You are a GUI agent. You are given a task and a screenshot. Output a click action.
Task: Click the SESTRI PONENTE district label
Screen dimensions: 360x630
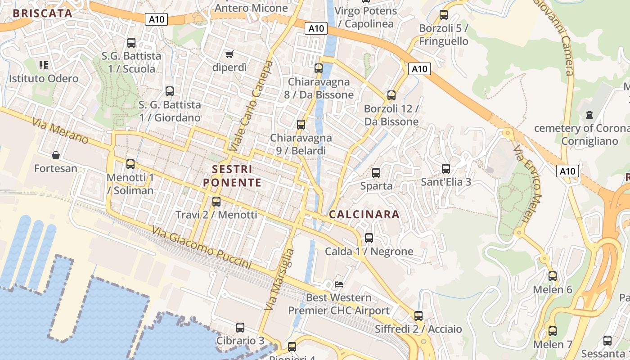tap(232, 176)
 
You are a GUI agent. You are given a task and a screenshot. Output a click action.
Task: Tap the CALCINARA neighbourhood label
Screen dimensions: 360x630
tap(364, 215)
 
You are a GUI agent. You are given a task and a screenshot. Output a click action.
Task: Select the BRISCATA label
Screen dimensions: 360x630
tap(43, 13)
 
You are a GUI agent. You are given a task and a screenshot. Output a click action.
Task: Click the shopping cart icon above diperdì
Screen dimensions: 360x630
tap(229, 54)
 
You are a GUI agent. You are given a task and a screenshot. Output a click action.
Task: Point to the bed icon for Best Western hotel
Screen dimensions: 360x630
tap(339, 284)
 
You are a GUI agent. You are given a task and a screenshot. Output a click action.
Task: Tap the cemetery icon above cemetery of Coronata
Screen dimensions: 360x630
tap(589, 115)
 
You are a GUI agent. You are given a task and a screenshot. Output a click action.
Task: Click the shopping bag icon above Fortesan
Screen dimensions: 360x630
tap(56, 155)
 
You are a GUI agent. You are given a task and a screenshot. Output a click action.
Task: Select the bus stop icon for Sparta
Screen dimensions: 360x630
tap(376, 172)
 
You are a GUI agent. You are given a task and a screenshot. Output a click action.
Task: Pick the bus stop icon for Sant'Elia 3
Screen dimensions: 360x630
tap(446, 169)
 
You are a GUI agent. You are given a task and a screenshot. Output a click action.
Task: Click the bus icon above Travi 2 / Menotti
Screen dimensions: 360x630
tap(216, 201)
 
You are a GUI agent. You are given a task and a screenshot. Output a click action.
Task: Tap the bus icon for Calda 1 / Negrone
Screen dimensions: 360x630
tap(369, 238)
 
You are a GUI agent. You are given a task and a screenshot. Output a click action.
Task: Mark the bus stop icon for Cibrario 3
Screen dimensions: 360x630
tap(240, 327)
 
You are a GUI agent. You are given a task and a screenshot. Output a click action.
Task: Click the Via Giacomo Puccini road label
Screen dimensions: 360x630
tap(201, 248)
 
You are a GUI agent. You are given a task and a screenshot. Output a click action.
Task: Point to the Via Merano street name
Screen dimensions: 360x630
tap(60, 131)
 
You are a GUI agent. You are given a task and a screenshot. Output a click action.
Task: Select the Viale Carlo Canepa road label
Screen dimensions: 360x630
tap(251, 107)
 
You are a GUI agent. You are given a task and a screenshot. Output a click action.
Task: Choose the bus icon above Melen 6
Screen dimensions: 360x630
tap(553, 276)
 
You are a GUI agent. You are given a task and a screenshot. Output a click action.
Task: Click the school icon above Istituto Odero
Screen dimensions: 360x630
tap(44, 65)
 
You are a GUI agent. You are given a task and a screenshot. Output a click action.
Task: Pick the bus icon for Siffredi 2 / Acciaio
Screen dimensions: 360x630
tap(418, 315)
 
